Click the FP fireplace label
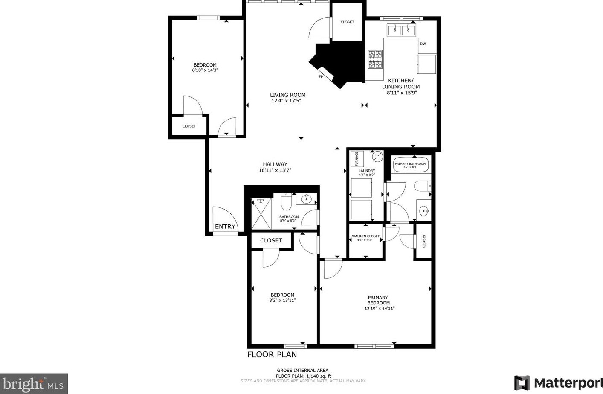pos(321,77)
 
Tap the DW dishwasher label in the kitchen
pos(423,44)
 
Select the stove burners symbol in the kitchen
pos(375,59)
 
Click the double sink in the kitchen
pos(401,29)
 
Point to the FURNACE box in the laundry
pos(357,159)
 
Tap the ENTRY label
pos(225,226)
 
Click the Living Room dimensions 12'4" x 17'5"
pos(288,101)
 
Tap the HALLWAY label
pos(275,164)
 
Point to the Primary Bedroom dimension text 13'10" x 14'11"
pos(379,308)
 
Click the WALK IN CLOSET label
pos(365,236)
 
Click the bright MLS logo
pos(34,384)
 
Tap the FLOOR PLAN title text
pos(272,354)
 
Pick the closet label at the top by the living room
pos(347,22)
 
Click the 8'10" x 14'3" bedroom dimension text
pos(205,70)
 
